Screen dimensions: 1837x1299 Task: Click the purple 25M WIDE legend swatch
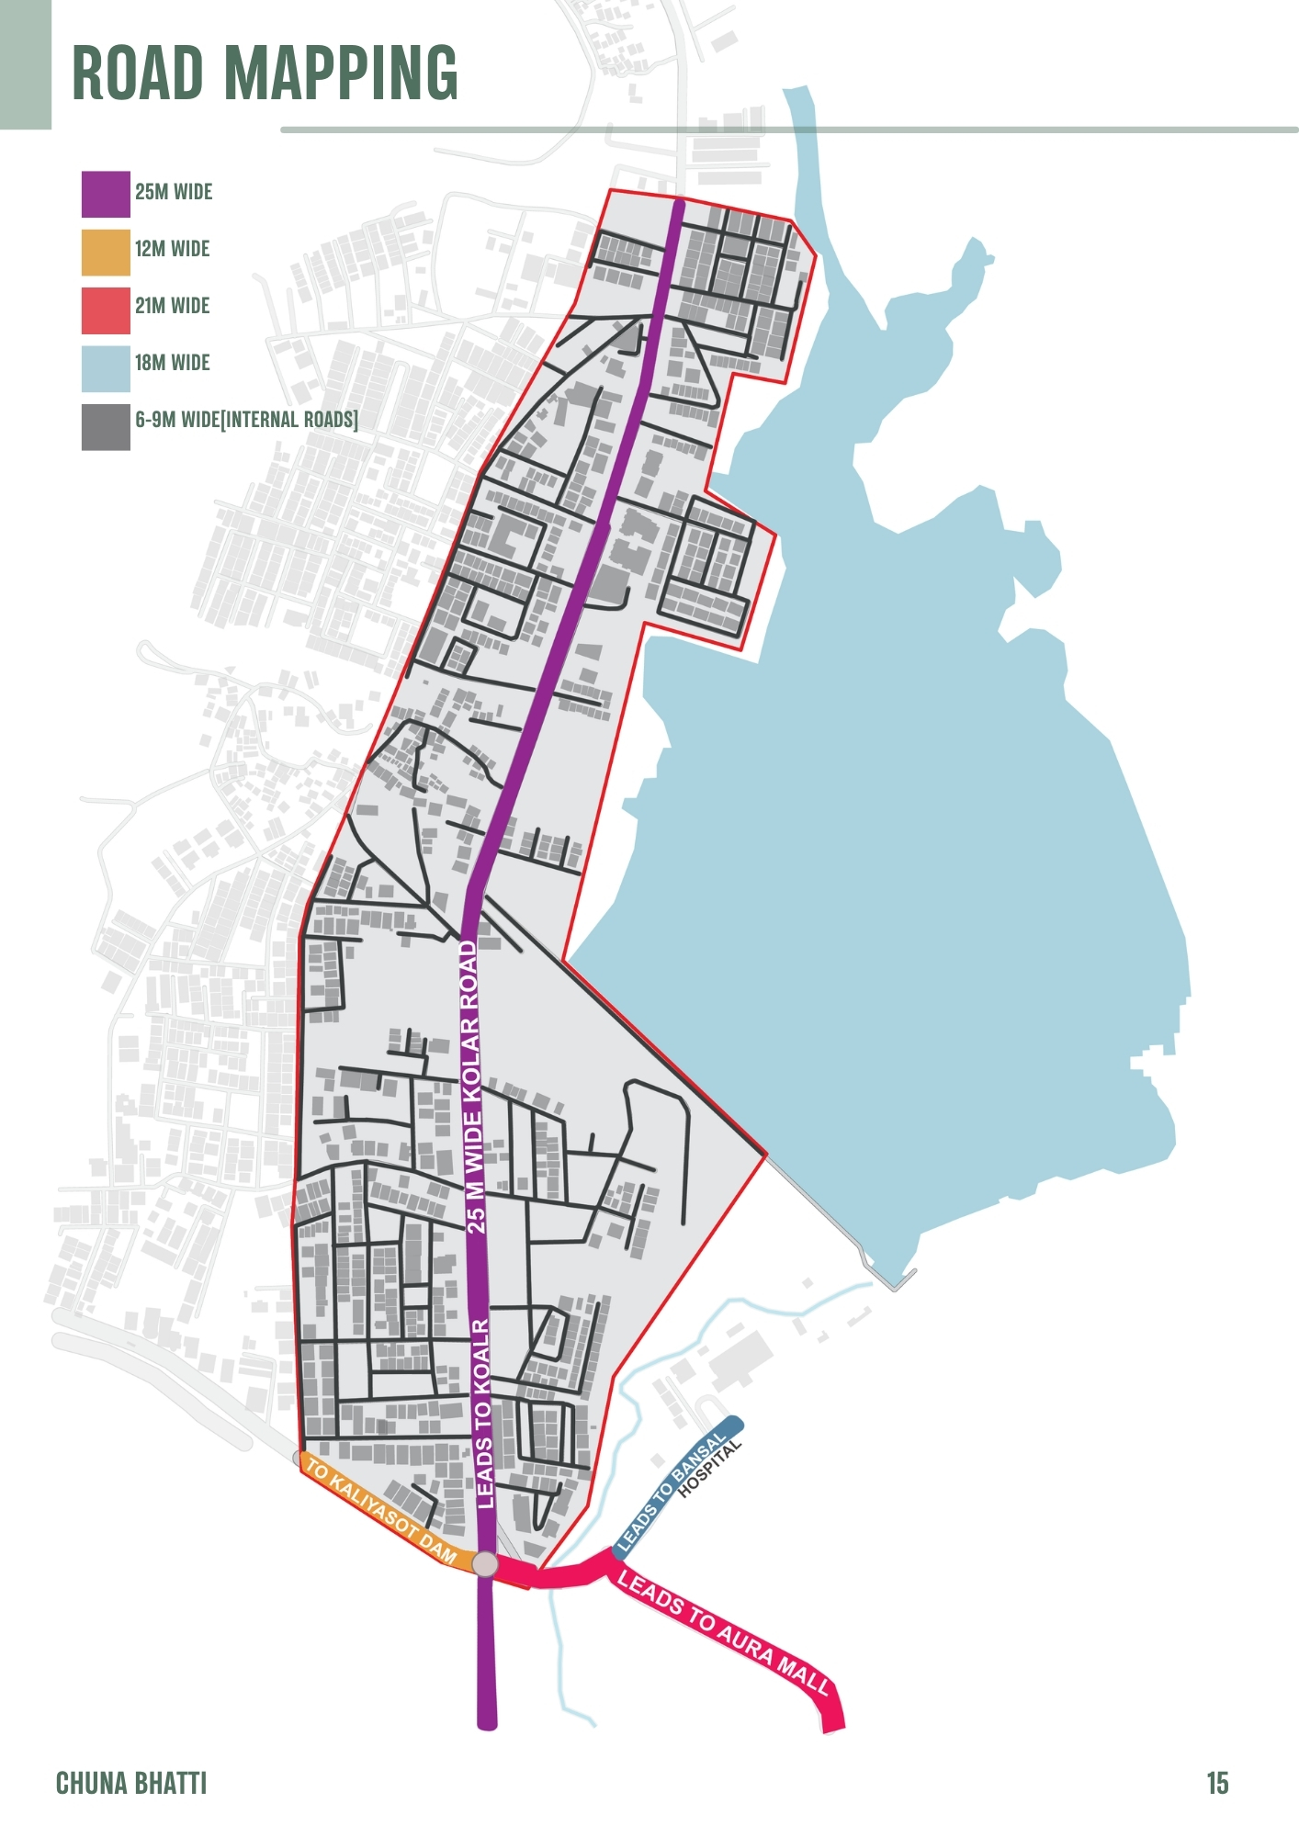coord(106,194)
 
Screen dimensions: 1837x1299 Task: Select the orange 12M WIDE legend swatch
coord(106,252)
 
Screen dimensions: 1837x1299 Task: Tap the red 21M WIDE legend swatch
coord(106,310)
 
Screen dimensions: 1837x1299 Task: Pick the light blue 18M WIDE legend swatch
coord(106,367)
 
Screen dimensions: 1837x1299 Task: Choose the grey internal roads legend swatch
coord(106,426)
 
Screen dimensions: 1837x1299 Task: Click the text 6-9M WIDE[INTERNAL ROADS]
coord(246,420)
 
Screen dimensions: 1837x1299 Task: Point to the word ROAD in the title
coord(138,73)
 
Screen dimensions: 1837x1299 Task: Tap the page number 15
coord(1217,1784)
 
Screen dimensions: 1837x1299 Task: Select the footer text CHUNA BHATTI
coord(131,1784)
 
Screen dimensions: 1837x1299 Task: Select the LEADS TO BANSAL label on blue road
coord(672,1492)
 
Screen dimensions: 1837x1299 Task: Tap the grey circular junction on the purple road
coord(485,1564)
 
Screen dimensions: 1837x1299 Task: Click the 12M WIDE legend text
coord(173,249)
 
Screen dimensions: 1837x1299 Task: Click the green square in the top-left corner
coord(25,64)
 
